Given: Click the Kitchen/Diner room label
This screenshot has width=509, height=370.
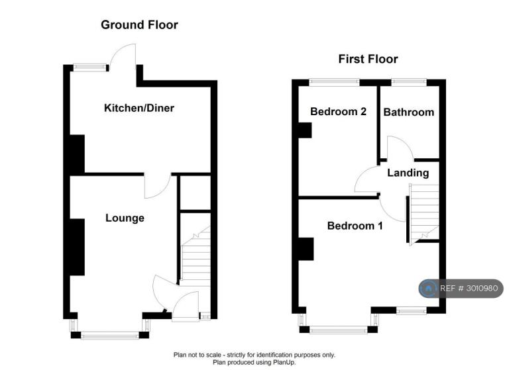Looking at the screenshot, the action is pos(139,108).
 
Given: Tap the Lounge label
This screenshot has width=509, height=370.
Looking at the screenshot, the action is pos(125,218).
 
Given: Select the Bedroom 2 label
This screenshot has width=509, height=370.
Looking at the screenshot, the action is pos(338,112).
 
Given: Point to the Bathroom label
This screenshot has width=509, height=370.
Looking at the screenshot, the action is pos(409,113).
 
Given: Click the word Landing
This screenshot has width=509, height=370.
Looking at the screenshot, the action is pos(408,173).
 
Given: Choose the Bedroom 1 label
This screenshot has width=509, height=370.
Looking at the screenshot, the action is pos(355,226).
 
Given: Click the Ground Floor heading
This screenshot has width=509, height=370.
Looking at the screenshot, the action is pos(140,25).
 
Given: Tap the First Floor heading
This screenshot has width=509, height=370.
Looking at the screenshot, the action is pos(368,59).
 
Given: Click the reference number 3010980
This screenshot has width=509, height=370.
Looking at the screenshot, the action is pos(482,289).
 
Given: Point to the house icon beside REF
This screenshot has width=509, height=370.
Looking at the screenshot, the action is pos(428,289).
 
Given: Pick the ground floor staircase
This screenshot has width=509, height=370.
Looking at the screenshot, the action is pos(196,256).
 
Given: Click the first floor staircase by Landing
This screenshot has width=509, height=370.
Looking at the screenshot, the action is pos(424,213).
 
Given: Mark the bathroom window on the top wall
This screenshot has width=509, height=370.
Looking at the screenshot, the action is pos(409,82).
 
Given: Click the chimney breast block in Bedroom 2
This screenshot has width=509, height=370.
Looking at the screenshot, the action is pos(305,130).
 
